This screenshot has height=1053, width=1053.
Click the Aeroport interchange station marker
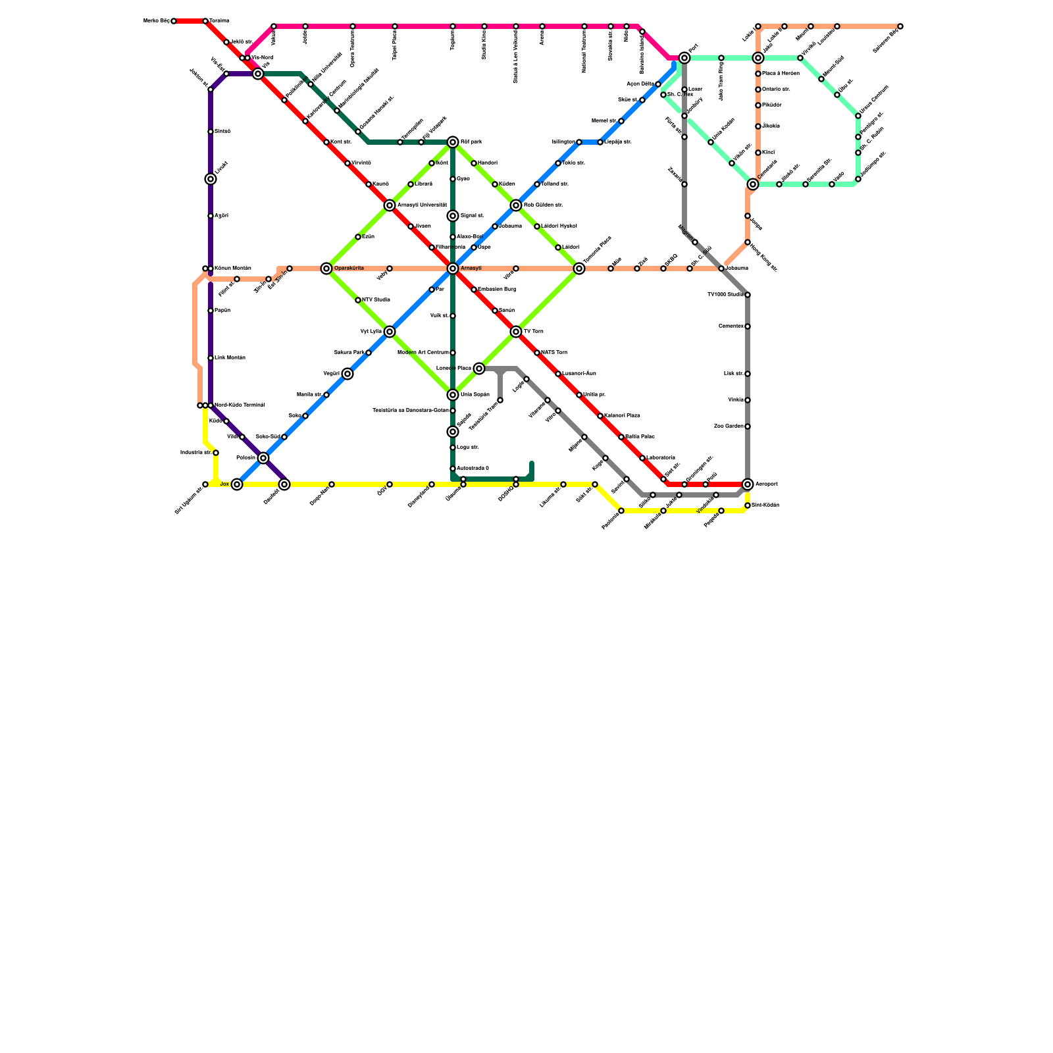coord(748,484)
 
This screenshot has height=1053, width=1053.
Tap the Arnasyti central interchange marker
coord(453,269)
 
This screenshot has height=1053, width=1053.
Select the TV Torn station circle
coord(516,332)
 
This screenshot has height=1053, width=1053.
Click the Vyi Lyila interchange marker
coord(390,332)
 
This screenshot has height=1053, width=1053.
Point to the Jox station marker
coord(237,484)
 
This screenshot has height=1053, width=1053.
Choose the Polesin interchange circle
coord(263,458)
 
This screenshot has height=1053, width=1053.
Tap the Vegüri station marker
coord(347,374)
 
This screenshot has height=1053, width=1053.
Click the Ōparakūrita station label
coord(349,269)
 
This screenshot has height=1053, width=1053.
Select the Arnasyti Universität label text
coord(422,205)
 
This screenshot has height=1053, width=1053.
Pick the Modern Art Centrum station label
coord(423,353)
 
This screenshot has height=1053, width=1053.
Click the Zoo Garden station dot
coord(748,426)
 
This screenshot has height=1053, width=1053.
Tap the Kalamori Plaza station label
coord(622,416)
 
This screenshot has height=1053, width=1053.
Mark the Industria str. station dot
coord(216,453)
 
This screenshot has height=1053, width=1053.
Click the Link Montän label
coord(230,358)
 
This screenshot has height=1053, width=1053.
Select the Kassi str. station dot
coord(326,142)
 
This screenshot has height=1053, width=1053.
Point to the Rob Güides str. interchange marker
coord(516,205)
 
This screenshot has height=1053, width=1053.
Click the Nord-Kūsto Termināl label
coord(240,405)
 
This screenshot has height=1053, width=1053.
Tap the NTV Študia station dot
coord(358,300)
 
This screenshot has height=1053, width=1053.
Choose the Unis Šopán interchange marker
coord(453,395)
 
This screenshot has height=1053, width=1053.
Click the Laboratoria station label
coord(660,458)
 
